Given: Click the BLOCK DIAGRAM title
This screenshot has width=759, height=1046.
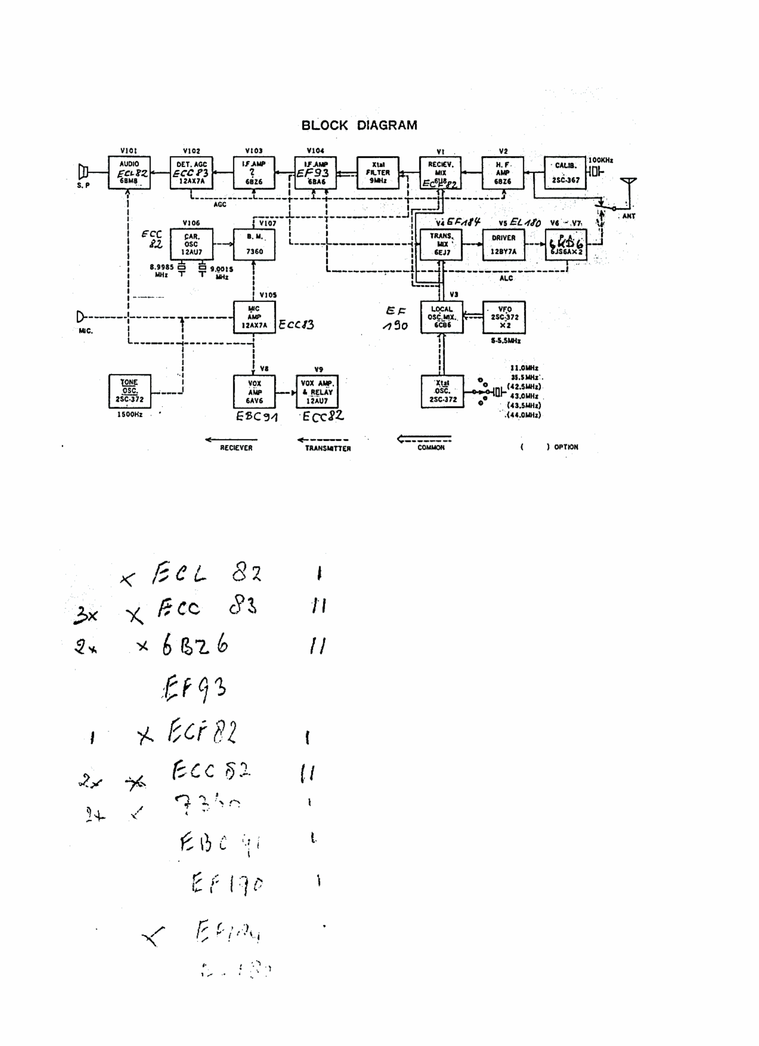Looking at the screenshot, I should point(359,125).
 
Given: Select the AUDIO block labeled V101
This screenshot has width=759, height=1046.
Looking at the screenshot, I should point(129,172).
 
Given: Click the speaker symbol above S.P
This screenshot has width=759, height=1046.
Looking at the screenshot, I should point(83,172).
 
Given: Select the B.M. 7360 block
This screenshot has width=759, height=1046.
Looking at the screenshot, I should point(254,244).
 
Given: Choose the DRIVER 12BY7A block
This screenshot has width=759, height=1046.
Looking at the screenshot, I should point(503,244).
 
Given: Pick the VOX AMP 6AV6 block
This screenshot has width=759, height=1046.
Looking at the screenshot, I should point(254,391).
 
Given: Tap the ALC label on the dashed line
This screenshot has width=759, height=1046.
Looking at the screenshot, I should point(506,278).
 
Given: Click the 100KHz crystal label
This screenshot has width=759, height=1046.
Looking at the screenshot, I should point(600,160).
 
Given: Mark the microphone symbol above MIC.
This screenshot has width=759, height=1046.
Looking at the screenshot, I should point(81,317).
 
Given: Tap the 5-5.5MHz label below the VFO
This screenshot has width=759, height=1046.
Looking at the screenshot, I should point(506,341).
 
